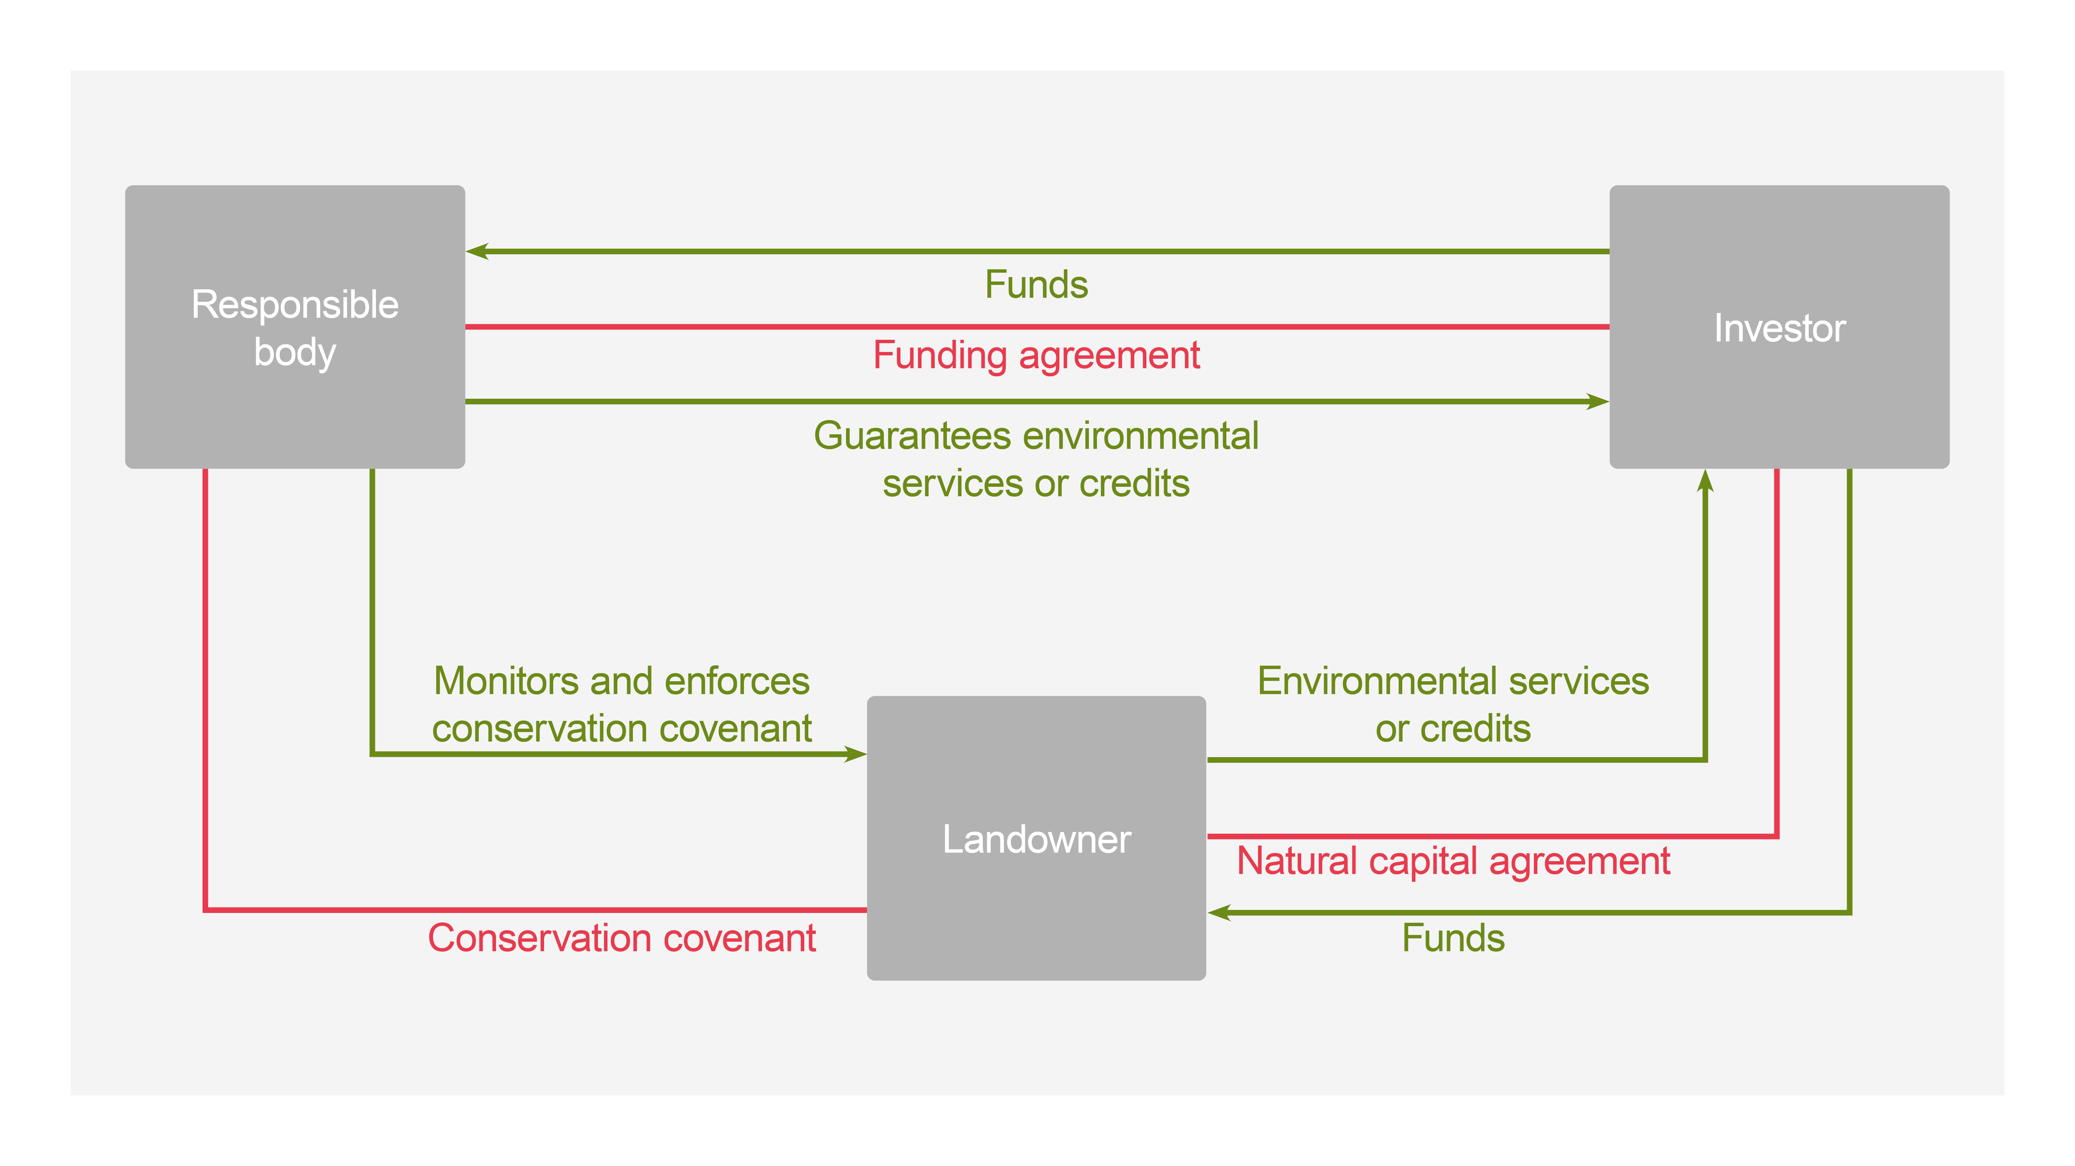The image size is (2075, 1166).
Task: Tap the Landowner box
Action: [1036, 838]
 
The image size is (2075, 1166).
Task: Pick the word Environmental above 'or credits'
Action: [1377, 681]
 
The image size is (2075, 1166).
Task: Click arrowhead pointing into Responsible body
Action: [477, 251]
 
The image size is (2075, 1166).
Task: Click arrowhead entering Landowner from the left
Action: [855, 754]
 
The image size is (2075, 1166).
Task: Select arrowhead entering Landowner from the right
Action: [1219, 912]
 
